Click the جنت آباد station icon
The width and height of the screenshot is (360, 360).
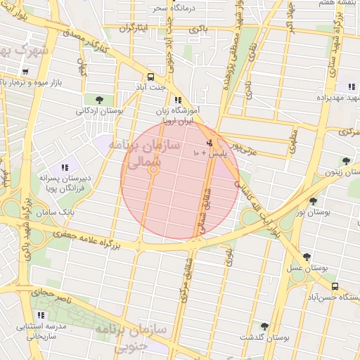point(150,77)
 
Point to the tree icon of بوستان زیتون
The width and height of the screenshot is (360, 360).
point(345,161)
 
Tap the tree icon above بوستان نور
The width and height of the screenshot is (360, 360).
point(313,200)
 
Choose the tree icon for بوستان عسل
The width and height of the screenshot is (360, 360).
point(307,258)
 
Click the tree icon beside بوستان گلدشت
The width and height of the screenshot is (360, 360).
point(264,326)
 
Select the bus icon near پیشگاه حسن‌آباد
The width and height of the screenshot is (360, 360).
point(335,286)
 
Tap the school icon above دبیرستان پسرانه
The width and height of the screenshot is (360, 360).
point(65,167)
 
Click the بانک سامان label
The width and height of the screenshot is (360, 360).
point(58,211)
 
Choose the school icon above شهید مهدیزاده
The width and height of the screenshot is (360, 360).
point(351,86)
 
